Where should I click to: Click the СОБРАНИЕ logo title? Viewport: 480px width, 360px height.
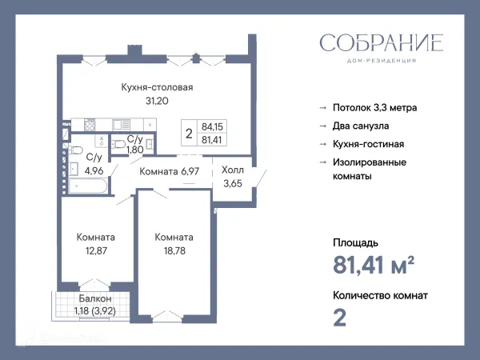point(382,42)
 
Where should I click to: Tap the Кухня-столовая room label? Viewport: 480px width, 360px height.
point(157,87)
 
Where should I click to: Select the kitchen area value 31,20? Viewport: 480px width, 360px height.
point(157,101)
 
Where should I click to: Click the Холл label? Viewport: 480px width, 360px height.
point(233,170)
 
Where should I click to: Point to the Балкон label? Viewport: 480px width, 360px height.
point(95,298)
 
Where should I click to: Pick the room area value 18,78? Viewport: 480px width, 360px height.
point(174,250)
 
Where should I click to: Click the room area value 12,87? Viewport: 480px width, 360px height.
point(96,250)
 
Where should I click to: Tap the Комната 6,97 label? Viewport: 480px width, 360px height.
point(170,171)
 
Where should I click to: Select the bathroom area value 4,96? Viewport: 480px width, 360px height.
point(94,171)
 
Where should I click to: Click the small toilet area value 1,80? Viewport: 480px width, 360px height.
point(135,150)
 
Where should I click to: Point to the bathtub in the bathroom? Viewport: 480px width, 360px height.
point(88,186)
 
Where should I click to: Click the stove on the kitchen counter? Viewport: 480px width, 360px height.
point(90,125)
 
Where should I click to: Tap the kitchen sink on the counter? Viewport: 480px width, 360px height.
point(122,125)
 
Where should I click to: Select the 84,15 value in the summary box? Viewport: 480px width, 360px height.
point(212,126)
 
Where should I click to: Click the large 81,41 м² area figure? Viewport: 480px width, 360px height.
point(374,265)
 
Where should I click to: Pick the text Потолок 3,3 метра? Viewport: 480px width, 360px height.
point(374,108)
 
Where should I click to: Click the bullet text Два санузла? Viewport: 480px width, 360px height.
point(361,126)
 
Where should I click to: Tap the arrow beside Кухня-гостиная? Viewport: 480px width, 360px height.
point(323,144)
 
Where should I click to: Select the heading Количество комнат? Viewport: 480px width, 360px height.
point(380,295)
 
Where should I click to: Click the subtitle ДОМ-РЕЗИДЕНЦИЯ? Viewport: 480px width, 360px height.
point(382,61)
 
